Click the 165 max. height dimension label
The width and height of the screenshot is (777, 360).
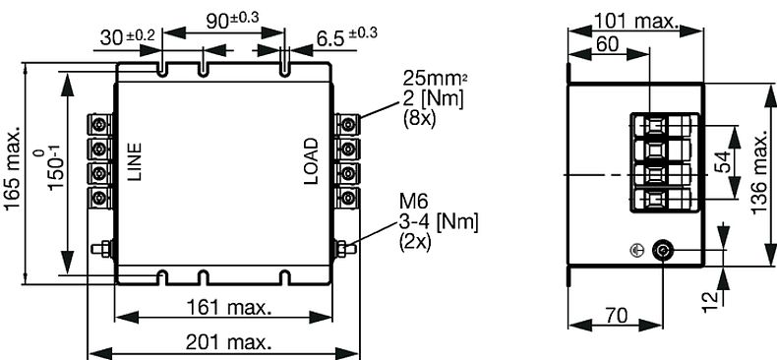(13, 167)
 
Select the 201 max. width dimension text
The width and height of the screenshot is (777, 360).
(228, 342)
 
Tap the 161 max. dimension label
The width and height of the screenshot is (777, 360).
(228, 308)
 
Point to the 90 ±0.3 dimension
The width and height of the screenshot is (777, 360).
(232, 20)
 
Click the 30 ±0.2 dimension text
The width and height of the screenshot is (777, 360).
(127, 36)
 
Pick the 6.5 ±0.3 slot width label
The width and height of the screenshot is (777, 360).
(347, 36)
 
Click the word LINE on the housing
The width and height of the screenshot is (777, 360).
(135, 162)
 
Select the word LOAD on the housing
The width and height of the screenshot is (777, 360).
(311, 161)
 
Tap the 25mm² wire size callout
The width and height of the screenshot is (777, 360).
(435, 78)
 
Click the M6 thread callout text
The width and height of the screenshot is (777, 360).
(413, 202)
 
